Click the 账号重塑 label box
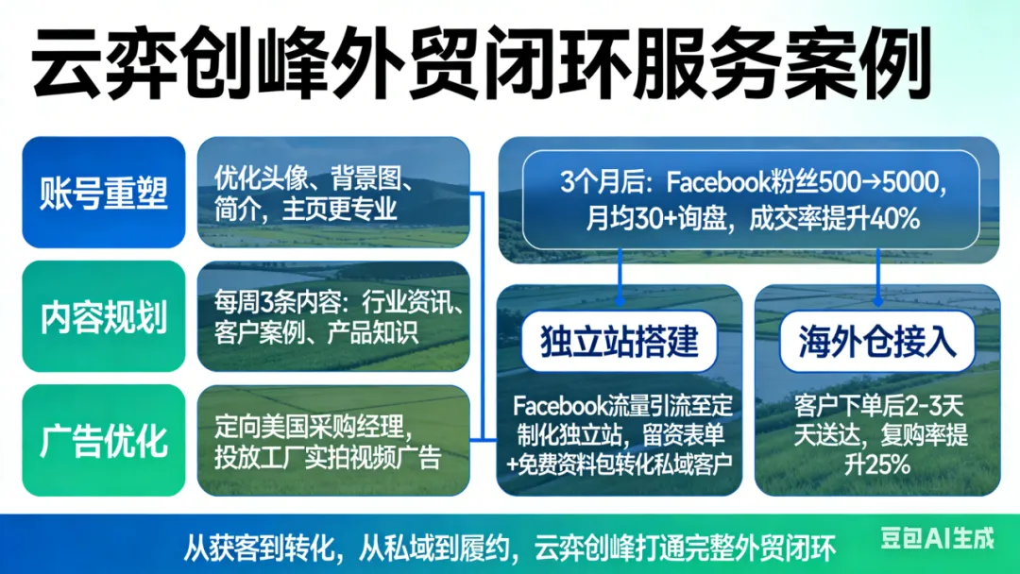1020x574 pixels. pyautogui.click(x=104, y=193)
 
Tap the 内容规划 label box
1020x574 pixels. pyautogui.click(x=104, y=316)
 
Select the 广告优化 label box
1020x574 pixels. pyautogui.click(x=104, y=440)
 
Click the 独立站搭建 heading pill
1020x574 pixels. pyautogui.click(x=620, y=341)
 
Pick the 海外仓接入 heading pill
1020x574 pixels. pyautogui.click(x=877, y=341)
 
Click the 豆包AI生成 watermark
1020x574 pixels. pyautogui.click(x=936, y=539)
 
